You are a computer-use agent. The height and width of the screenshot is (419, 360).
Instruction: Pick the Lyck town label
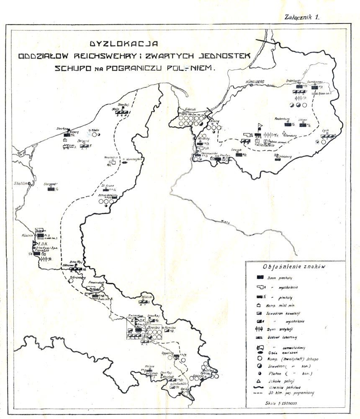coord(325,130)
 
